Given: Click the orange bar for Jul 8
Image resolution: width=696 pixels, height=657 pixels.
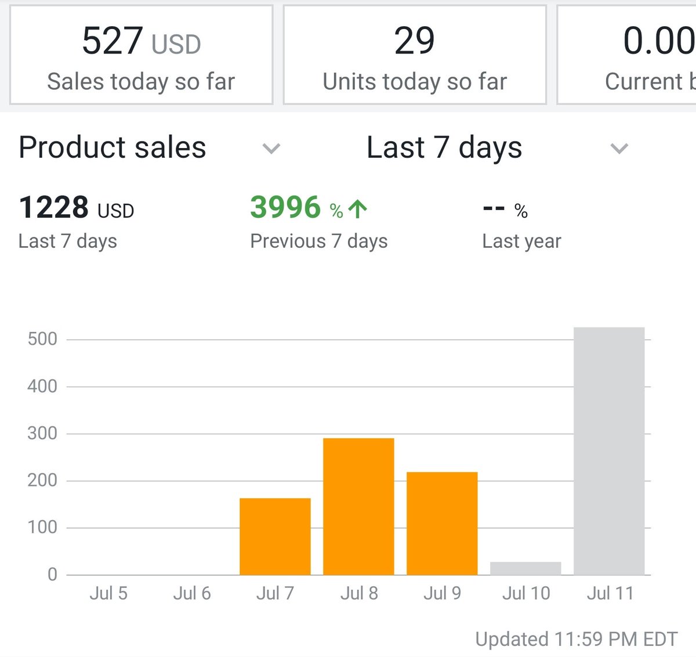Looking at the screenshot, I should click(358, 506).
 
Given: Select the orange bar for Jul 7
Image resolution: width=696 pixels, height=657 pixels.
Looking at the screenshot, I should click(275, 536).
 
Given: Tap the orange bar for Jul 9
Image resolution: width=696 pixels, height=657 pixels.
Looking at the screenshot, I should click(442, 523).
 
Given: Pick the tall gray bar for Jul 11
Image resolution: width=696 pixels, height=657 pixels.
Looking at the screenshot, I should click(609, 451).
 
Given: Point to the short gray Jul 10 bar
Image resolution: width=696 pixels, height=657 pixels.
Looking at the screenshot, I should click(525, 568).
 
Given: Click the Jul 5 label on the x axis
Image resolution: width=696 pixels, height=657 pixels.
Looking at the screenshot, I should click(108, 593).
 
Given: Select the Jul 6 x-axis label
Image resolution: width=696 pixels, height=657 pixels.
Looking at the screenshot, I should click(192, 593).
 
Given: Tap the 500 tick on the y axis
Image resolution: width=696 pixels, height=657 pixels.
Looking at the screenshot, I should click(42, 339).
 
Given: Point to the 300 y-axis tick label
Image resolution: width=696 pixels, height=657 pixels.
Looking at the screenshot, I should click(42, 433).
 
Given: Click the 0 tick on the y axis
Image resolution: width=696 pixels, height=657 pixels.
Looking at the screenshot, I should click(52, 575).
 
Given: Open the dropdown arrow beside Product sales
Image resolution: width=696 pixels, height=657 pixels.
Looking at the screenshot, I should click(271, 149).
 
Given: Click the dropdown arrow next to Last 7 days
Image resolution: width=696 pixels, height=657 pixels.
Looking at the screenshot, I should click(619, 149).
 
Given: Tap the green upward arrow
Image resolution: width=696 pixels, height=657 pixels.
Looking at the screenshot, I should click(358, 209).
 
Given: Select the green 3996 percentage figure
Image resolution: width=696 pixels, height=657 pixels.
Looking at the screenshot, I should click(285, 207).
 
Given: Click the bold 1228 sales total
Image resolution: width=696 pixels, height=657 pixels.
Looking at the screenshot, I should click(54, 207).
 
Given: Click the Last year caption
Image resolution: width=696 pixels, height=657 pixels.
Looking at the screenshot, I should click(521, 241).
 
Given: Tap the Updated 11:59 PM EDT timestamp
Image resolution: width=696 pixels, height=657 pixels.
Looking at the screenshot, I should click(576, 639).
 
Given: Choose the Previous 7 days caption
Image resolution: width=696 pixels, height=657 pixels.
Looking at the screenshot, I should click(318, 241).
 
